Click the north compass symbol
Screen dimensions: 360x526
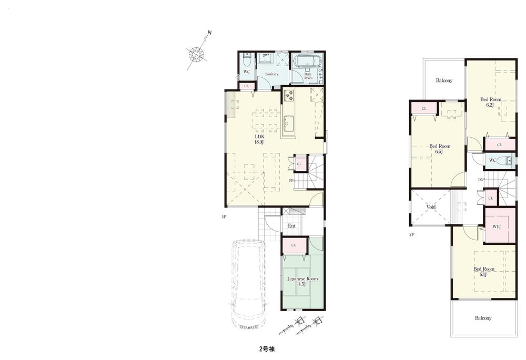197,53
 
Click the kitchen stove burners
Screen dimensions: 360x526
288,96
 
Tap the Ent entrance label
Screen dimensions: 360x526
291,226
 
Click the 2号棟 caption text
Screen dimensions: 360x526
267,348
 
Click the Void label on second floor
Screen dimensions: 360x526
431,207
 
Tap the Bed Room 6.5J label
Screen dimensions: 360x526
439,149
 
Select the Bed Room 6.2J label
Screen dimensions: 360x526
490,101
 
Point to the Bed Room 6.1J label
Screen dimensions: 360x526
483,271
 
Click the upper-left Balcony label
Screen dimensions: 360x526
444,80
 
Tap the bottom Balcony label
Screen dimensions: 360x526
483,318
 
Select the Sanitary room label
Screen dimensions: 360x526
271,74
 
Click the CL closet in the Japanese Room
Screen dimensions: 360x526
294,245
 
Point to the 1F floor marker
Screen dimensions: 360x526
224,217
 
